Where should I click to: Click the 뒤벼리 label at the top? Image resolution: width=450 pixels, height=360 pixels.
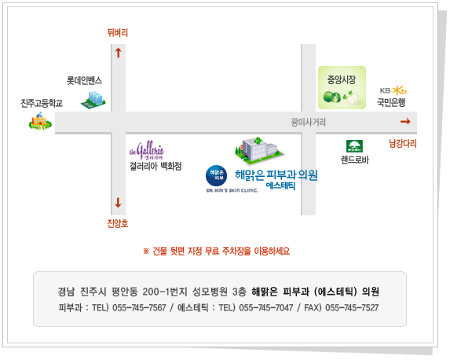coord(117,32)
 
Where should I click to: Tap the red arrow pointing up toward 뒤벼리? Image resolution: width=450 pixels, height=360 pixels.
coord(119,53)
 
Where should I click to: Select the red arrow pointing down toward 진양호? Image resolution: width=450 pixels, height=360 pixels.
coord(119,203)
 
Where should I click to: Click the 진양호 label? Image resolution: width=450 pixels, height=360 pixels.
coord(118,223)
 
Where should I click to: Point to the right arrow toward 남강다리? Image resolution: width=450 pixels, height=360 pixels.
coord(405,122)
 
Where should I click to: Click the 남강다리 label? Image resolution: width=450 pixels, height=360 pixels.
coord(403,143)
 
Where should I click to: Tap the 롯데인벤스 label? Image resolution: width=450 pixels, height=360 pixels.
coord(84,80)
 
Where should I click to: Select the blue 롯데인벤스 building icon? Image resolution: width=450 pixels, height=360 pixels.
coord(93,100)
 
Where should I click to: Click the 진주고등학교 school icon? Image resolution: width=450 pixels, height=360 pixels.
coord(40,122)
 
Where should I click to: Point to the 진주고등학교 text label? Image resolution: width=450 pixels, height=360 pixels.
coord(42,103)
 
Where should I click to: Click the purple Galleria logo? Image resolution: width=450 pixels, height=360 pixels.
coord(147,150)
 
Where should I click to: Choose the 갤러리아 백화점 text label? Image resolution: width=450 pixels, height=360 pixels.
coord(155,166)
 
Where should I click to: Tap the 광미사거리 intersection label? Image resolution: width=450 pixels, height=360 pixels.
coord(308,123)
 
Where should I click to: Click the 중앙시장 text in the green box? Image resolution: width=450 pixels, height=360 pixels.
coord(342,79)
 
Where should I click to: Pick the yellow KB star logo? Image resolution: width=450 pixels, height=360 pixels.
coord(400,90)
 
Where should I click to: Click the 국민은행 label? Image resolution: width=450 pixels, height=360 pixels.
coord(391,102)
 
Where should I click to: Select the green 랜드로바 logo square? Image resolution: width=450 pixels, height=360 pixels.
coord(354,146)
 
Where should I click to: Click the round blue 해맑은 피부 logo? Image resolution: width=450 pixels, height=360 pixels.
coord(217,175)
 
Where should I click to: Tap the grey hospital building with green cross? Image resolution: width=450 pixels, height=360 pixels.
coord(258,151)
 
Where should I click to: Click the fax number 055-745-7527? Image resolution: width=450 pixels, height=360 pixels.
coord(352,307)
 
